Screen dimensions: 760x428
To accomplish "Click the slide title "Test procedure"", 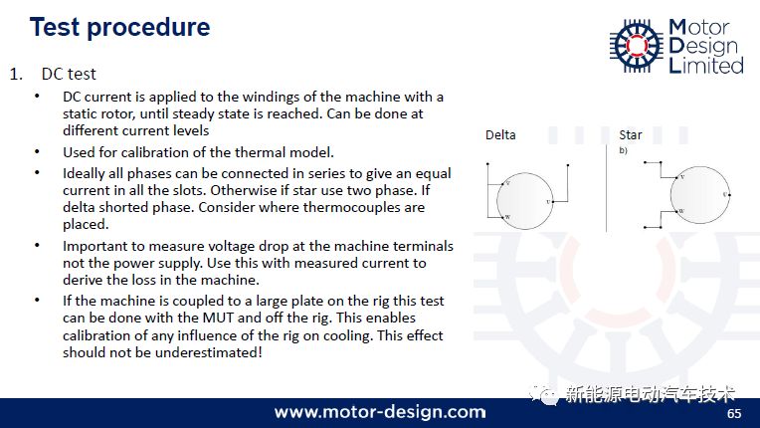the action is tap(119, 27).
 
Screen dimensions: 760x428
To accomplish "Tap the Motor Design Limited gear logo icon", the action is tap(637, 46).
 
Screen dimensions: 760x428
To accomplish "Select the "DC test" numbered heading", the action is tap(69, 74).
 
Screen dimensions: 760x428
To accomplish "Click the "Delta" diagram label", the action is tap(500, 134).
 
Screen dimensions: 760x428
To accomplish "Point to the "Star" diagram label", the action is tap(630, 134).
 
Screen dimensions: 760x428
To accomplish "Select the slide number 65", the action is tap(734, 413).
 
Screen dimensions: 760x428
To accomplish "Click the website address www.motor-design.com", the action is tap(380, 412).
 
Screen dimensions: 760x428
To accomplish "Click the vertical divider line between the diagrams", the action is tap(607, 188).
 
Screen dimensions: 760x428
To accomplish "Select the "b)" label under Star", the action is tap(624, 150).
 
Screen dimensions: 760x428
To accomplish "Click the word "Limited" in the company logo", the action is tap(706, 65).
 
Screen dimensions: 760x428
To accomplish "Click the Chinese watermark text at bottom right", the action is tap(650, 394).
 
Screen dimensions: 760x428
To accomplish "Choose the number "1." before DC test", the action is tap(16, 75).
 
